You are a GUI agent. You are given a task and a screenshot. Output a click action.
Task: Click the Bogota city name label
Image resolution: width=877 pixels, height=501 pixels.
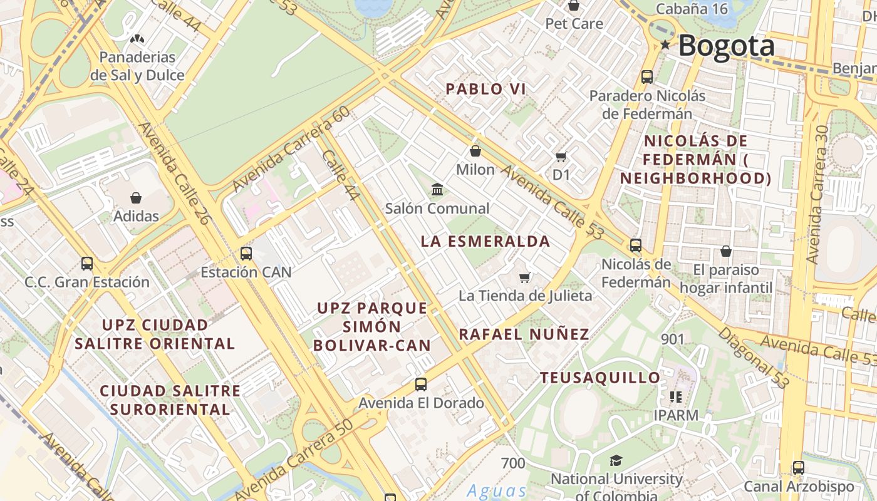[726, 46]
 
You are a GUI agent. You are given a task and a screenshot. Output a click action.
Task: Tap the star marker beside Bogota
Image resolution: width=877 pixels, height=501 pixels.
[665, 44]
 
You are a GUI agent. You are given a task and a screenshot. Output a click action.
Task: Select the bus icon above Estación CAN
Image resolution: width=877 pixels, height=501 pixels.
[246, 254]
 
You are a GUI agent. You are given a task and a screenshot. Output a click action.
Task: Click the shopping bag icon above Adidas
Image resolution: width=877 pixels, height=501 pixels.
[136, 198]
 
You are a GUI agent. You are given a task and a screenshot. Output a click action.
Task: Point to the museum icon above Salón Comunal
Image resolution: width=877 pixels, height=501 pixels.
[437, 189]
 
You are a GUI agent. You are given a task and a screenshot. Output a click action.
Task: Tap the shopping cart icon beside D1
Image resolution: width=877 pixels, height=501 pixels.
[561, 157]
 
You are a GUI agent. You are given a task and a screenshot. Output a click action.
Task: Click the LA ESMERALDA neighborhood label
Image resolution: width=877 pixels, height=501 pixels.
[485, 241]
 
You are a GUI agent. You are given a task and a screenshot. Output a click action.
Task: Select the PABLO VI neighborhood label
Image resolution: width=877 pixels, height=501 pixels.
[485, 89]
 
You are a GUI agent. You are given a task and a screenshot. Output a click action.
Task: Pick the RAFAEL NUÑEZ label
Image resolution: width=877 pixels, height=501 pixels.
[524, 334]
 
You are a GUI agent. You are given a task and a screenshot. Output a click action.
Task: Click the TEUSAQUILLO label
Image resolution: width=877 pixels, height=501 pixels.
[600, 378]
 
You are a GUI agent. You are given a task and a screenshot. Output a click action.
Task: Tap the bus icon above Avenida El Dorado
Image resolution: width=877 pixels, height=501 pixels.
[421, 385]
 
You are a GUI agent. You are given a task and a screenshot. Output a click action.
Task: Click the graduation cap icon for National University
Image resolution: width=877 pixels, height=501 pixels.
[616, 461]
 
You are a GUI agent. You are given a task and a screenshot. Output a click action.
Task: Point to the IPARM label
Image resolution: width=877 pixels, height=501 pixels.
[675, 415]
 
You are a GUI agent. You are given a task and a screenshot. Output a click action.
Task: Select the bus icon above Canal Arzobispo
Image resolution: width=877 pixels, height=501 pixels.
[798, 468]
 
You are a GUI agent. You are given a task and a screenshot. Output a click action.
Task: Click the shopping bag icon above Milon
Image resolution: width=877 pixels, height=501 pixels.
[475, 151]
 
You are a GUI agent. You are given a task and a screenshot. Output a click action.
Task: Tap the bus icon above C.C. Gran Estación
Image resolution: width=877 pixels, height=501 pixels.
[87, 264]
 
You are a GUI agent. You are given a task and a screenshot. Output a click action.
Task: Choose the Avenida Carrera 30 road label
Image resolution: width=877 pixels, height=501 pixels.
[822, 194]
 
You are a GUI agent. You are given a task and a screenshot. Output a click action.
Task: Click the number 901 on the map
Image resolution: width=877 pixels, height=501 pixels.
[672, 339]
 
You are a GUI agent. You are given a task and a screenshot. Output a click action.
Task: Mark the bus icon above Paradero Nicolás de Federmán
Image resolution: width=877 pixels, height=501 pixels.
[647, 77]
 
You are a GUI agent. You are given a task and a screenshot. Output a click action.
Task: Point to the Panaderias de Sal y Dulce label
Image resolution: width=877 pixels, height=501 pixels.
[137, 66]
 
